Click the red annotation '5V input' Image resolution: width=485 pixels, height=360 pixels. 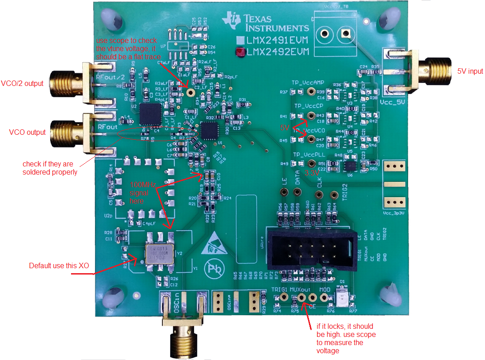[470, 71]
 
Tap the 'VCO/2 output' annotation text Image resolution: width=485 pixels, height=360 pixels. [22, 83]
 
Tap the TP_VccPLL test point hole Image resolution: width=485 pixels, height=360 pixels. [311, 164]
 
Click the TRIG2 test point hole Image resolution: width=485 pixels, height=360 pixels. [334, 195]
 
